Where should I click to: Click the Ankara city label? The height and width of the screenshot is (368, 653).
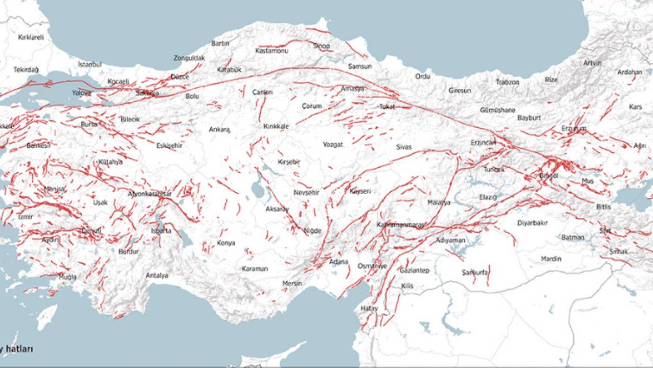click(x=219, y=130)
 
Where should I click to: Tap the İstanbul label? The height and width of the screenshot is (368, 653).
click(x=90, y=64)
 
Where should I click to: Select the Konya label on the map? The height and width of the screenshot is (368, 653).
click(x=225, y=243)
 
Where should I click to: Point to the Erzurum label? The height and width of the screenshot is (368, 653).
click(x=573, y=128)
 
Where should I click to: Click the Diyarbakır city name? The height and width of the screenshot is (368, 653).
click(x=532, y=223)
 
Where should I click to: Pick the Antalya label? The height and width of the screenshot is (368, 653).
click(x=157, y=275)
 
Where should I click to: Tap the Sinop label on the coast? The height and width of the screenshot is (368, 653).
click(x=321, y=46)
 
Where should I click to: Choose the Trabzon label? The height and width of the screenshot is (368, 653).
click(x=507, y=82)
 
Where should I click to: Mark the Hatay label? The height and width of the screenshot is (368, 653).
click(x=369, y=308)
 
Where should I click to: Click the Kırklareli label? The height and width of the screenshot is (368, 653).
click(x=31, y=37)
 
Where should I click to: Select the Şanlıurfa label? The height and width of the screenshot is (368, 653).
click(x=474, y=272)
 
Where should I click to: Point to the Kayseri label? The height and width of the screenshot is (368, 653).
click(x=360, y=191)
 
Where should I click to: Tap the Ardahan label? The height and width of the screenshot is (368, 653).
click(x=629, y=72)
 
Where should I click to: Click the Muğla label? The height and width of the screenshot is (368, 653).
click(x=67, y=277)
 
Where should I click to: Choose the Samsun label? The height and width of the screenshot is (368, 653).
click(x=358, y=66)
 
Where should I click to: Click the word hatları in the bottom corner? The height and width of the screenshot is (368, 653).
click(x=19, y=349)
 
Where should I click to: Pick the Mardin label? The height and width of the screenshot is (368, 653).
click(x=550, y=259)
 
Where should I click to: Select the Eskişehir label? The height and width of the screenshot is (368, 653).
click(x=169, y=146)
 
